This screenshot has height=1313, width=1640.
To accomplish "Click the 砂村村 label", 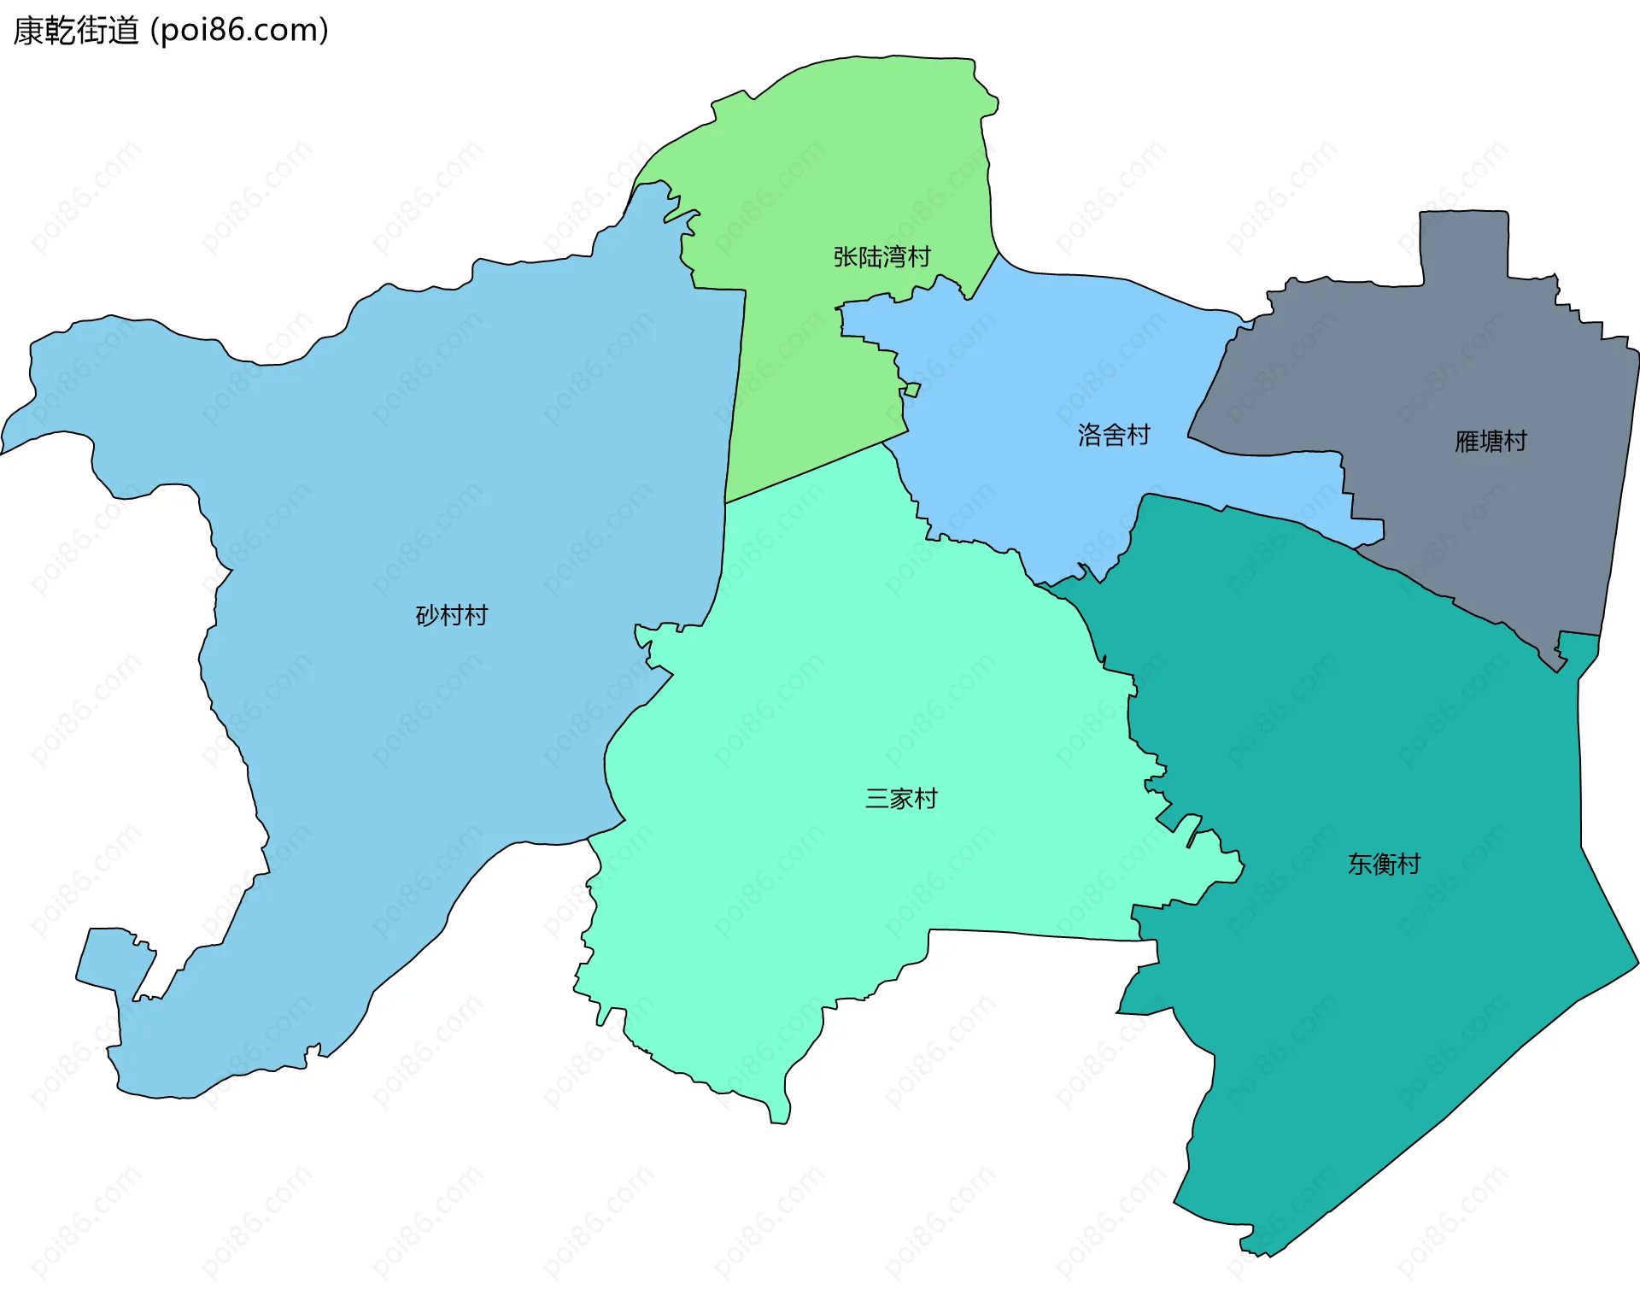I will pyautogui.click(x=451, y=615).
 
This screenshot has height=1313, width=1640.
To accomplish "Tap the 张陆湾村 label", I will pyautogui.click(x=881, y=256).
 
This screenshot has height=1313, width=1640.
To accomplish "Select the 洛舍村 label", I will pyautogui.click(x=1114, y=435).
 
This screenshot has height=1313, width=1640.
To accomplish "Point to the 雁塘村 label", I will pyautogui.click(x=1491, y=441).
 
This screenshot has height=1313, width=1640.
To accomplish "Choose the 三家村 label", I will pyautogui.click(x=901, y=799).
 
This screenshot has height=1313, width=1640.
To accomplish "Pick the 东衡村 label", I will pyautogui.click(x=1384, y=864).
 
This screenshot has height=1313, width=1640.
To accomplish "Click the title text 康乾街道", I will pyautogui.click(x=75, y=31).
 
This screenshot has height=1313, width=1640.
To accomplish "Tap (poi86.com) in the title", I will pyautogui.click(x=239, y=31).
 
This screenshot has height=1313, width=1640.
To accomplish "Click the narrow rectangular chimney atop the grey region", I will pyautogui.click(x=1464, y=243).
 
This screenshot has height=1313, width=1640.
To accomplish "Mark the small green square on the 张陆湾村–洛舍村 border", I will pyautogui.click(x=912, y=390).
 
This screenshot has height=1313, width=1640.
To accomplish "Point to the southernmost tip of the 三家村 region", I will pyautogui.click(x=779, y=1115).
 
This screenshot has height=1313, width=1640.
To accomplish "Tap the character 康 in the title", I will pyautogui.click(x=27, y=31).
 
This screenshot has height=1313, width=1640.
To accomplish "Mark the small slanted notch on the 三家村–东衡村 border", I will pyautogui.click(x=1189, y=830).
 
